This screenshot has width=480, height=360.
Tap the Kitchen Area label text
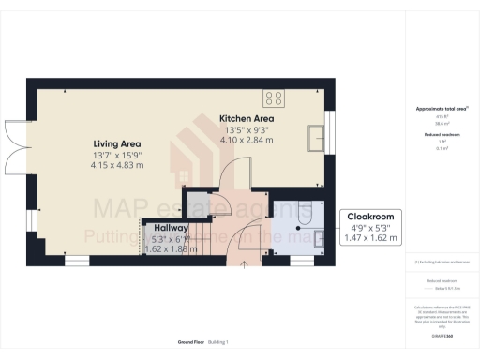[247, 119]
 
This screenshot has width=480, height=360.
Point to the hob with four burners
[276, 97]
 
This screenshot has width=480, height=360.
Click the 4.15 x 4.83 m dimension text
[116, 165]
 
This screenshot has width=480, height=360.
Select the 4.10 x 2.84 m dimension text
[247, 142]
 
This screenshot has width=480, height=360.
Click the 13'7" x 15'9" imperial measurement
[116, 154]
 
